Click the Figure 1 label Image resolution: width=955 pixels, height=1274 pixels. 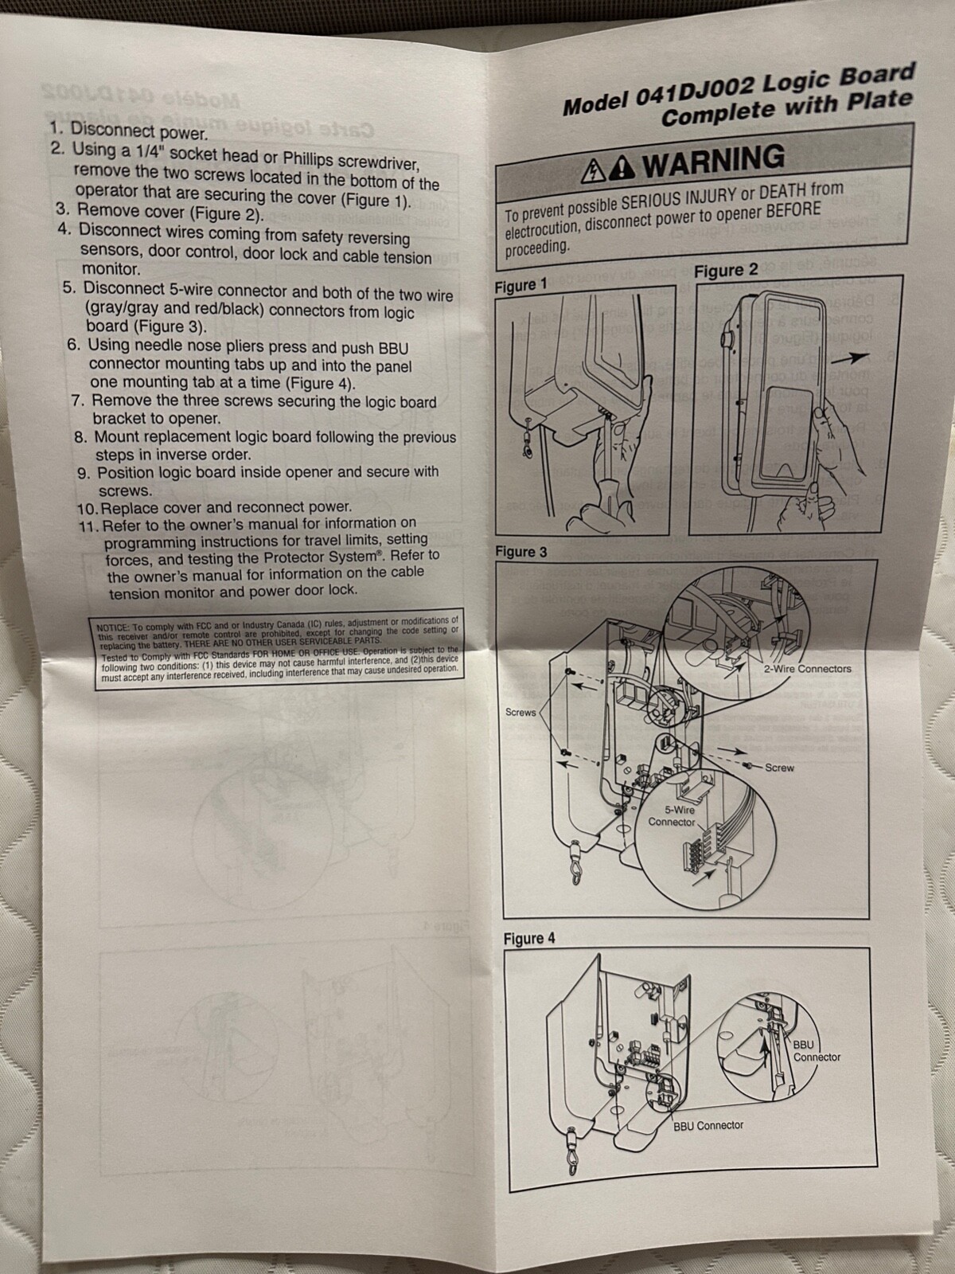(x=520, y=285)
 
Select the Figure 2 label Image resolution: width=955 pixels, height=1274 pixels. (x=726, y=270)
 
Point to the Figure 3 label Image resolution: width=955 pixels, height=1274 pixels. (x=520, y=551)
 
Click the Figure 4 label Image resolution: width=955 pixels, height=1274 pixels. (x=528, y=938)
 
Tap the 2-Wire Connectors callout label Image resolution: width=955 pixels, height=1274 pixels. (x=807, y=669)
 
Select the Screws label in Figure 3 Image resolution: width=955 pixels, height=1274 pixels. (x=520, y=712)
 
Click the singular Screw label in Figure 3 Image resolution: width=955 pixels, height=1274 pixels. (x=779, y=768)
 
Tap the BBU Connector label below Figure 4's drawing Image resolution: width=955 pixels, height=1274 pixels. (x=707, y=1125)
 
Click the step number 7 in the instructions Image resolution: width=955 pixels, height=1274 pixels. (x=78, y=401)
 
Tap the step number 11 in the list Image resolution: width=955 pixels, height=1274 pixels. (x=88, y=526)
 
